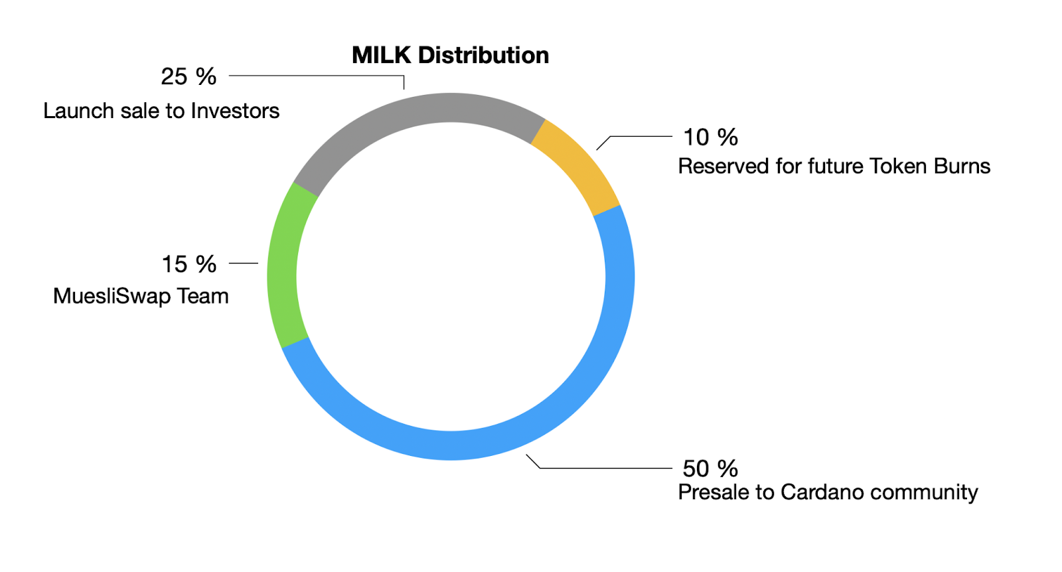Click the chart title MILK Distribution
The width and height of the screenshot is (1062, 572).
click(451, 56)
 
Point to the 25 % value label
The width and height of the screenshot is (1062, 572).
click(189, 76)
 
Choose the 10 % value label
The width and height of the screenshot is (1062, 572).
click(710, 137)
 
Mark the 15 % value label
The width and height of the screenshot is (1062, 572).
click(189, 264)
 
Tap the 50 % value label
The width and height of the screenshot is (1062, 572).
click(710, 468)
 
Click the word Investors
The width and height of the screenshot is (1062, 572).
click(235, 111)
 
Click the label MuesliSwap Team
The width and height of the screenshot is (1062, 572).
click(141, 296)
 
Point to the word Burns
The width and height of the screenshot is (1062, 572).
click(962, 167)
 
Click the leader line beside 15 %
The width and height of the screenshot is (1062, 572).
click(244, 263)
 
